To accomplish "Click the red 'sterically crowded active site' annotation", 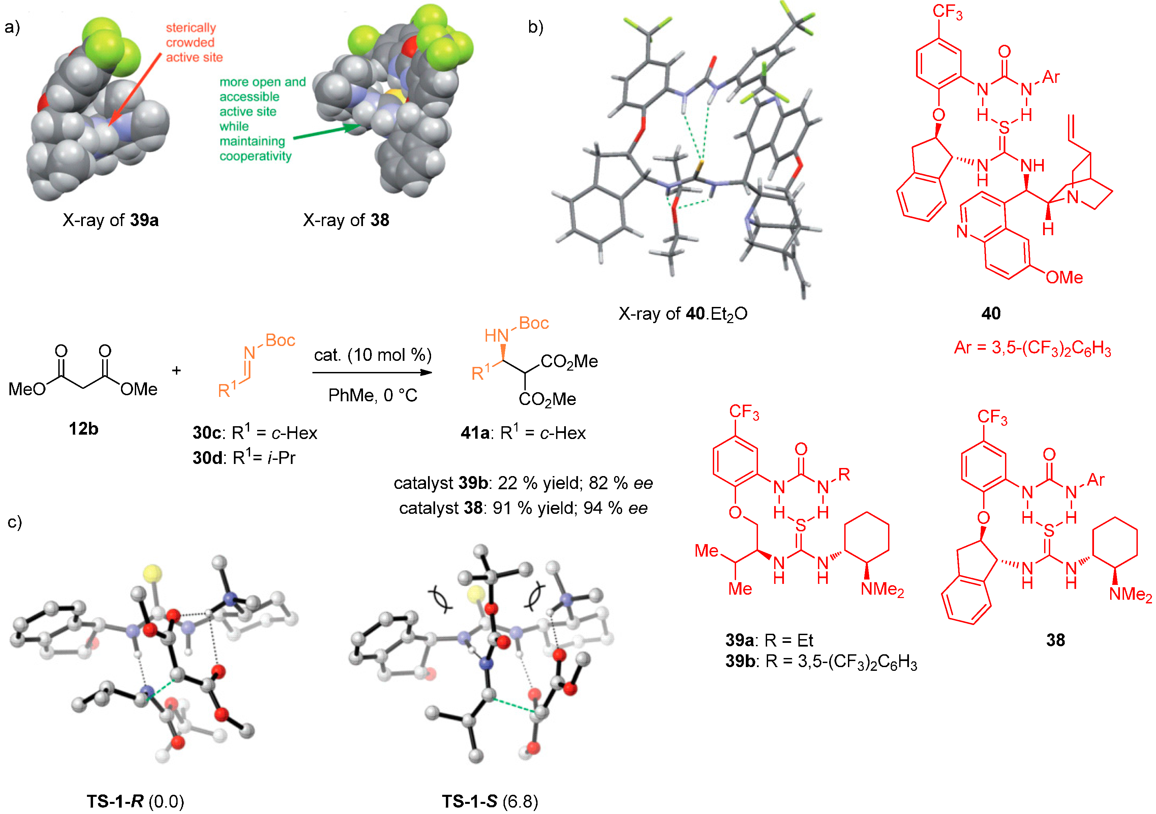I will [194, 42].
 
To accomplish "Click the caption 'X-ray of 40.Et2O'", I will [683, 314].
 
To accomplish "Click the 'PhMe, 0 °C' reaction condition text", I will [372, 396].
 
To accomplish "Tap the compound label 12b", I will [84, 429].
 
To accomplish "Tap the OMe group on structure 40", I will [1064, 277].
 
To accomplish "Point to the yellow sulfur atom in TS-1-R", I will [153, 573].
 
